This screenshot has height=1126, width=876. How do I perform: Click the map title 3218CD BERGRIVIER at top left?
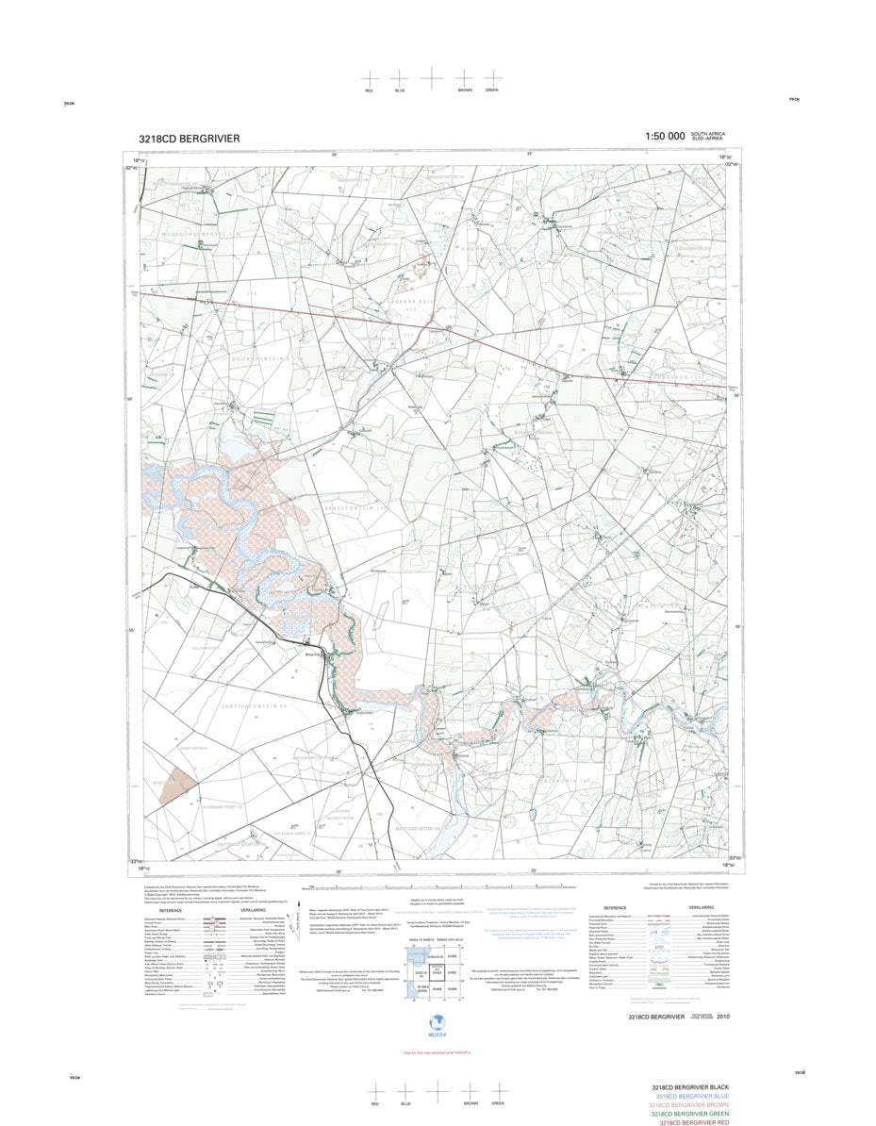tap(189, 138)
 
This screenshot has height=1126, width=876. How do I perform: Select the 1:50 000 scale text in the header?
tap(665, 137)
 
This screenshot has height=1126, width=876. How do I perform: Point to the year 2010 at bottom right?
tap(722, 1017)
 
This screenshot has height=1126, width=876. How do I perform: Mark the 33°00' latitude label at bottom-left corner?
tap(135, 861)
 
